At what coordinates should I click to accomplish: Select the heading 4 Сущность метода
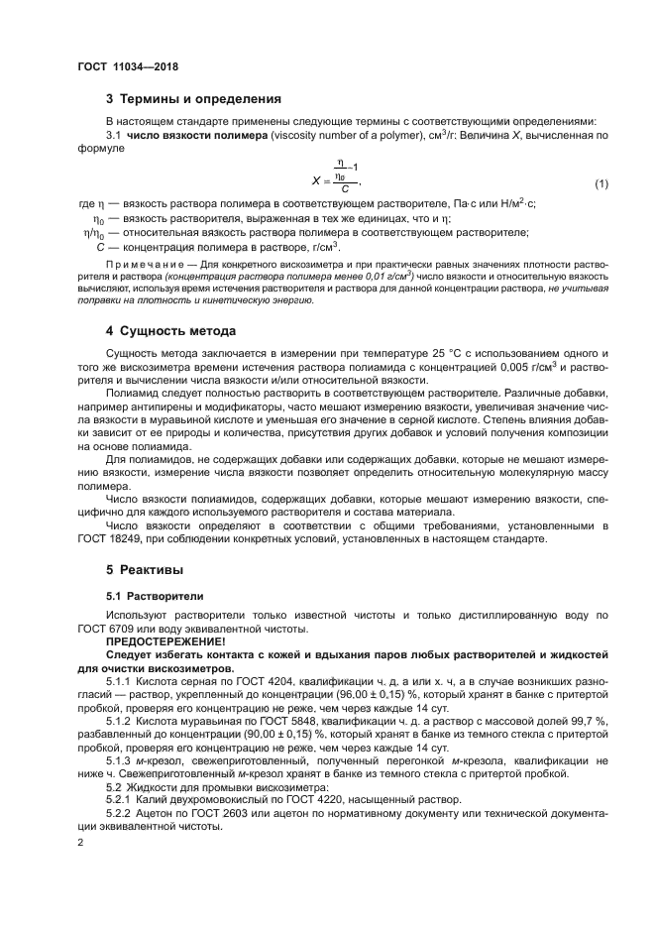[170, 329]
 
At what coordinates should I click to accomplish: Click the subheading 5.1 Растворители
[155, 597]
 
